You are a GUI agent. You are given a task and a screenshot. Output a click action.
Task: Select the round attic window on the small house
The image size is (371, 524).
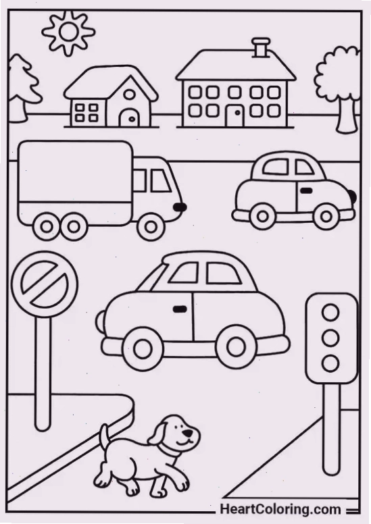(x=130, y=95)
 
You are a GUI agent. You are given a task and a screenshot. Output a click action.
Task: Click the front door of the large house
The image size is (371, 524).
(x=235, y=116)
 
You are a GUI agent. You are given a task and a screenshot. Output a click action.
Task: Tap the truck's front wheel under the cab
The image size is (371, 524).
(x=151, y=227)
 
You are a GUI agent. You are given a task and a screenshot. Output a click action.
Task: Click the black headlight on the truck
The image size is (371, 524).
(x=180, y=207)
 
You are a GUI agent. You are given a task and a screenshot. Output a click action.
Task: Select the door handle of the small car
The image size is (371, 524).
(x=306, y=191)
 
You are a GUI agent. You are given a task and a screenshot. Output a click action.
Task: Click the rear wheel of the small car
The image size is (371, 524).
(x=263, y=216)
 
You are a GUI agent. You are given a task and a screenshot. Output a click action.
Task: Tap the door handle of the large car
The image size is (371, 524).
(x=180, y=309)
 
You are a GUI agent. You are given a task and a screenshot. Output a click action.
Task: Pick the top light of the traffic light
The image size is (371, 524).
(x=331, y=313)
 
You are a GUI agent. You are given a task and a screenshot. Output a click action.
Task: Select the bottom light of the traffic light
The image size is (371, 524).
(x=331, y=363)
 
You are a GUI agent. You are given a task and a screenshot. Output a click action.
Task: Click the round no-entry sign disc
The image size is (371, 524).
(x=45, y=285)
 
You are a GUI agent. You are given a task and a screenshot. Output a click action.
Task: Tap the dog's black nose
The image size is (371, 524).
(x=189, y=433)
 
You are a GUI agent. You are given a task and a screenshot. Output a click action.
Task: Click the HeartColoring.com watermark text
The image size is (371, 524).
(x=280, y=509)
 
